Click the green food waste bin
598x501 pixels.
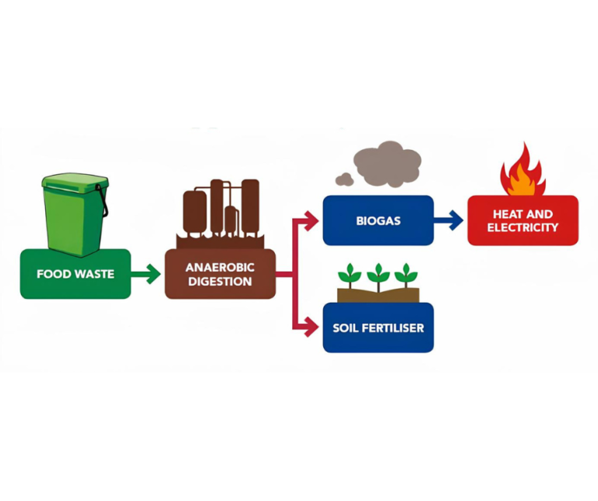75,218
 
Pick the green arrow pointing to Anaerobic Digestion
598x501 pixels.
146,274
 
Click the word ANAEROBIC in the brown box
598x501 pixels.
220,267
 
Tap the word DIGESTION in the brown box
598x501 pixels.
220,281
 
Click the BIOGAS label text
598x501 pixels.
378,221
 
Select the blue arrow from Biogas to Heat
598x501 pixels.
447,221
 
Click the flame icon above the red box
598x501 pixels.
522,173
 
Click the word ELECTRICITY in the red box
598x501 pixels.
522,227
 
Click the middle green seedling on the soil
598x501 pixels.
378,275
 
